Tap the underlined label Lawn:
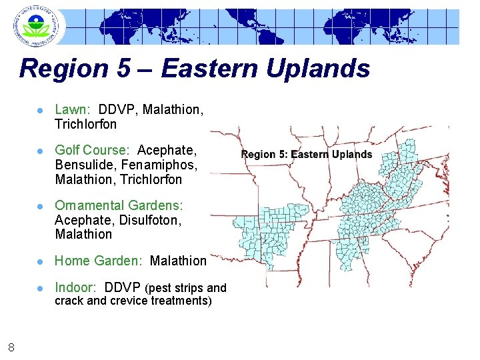coord(73,109)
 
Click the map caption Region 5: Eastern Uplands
coord(306,155)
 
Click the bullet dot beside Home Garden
coord(41,261)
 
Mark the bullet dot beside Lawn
coord(41,110)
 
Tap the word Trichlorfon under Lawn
coord(85,124)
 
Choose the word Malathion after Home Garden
coord(178,261)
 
